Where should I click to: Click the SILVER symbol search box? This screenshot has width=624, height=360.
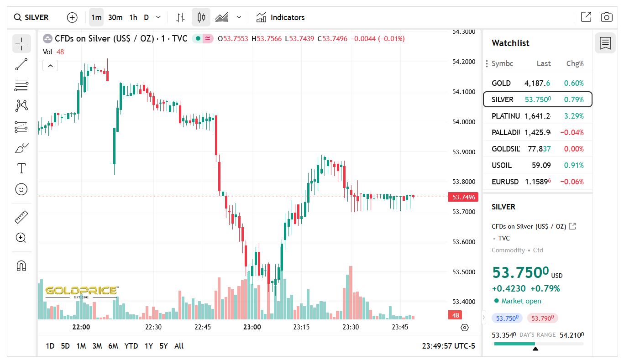tap(31, 17)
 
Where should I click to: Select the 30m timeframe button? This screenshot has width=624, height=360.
tap(115, 17)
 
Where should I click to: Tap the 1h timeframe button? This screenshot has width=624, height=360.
tap(133, 17)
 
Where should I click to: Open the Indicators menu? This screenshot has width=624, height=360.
tap(280, 17)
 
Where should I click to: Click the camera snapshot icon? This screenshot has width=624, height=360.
tap(606, 17)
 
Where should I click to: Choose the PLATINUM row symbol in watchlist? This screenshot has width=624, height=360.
tap(505, 116)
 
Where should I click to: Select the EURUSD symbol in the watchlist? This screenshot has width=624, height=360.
tap(505, 182)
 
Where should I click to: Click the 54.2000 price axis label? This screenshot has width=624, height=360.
tap(463, 62)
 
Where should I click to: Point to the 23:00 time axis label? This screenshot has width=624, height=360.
tap(252, 327)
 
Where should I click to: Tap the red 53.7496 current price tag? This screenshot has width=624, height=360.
tap(463, 197)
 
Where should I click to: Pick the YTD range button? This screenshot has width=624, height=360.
tap(131, 346)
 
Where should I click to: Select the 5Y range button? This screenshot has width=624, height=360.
tap(163, 346)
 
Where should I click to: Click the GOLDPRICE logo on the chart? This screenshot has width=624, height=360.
tap(82, 291)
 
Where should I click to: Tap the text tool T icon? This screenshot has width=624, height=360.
tap(21, 168)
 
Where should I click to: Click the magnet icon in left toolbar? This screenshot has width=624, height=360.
tap(21, 266)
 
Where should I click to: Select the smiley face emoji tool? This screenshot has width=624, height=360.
tap(21, 189)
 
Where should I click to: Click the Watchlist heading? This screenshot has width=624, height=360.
tap(510, 43)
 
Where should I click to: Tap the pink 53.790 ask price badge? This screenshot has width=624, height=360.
tap(542, 318)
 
